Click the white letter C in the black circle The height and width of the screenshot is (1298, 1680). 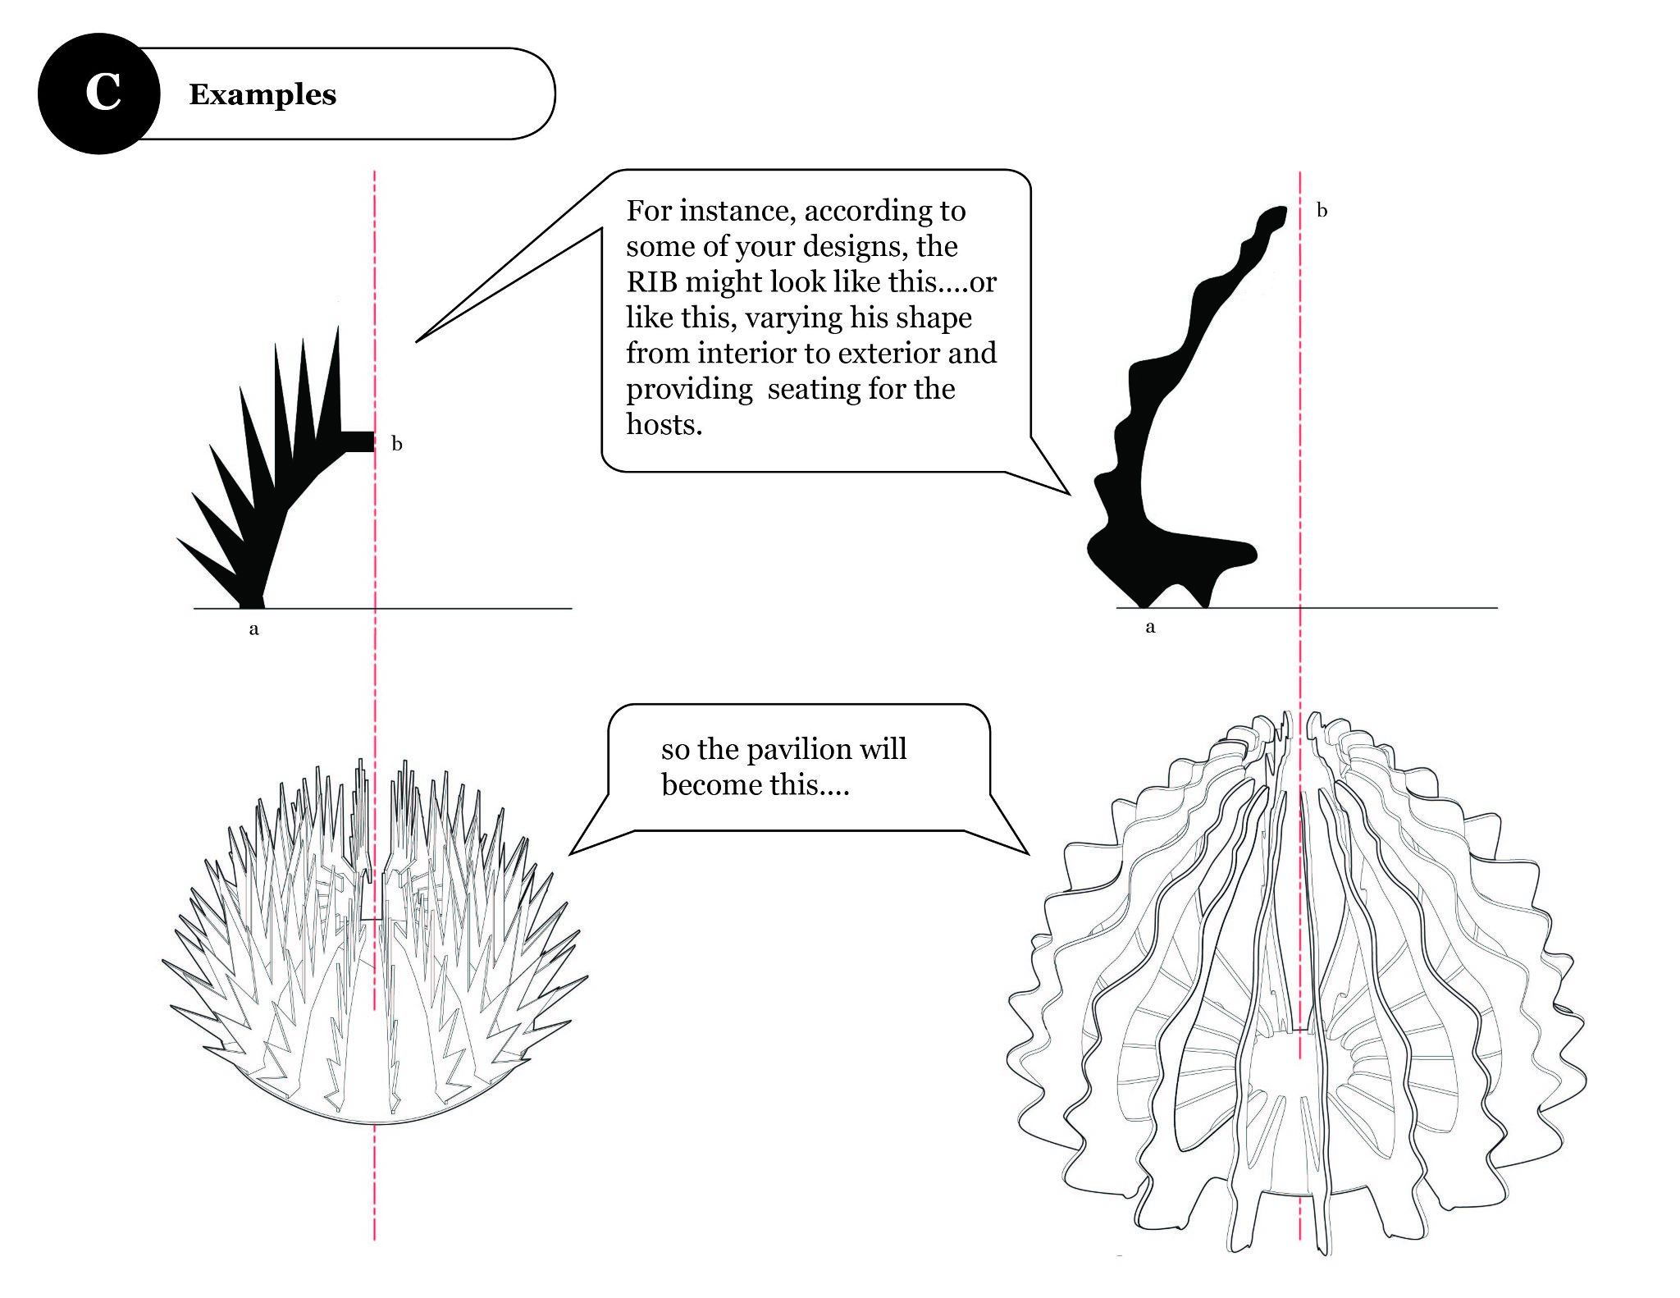[x=103, y=93]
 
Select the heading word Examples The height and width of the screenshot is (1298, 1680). [x=262, y=94]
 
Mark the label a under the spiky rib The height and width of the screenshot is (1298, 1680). [x=253, y=629]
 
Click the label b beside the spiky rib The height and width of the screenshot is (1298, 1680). [x=397, y=445]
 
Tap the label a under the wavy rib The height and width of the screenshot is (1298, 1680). [x=1150, y=628]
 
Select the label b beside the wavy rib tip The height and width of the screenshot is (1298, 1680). [x=1322, y=211]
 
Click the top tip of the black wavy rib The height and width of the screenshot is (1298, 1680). [x=1276, y=213]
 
